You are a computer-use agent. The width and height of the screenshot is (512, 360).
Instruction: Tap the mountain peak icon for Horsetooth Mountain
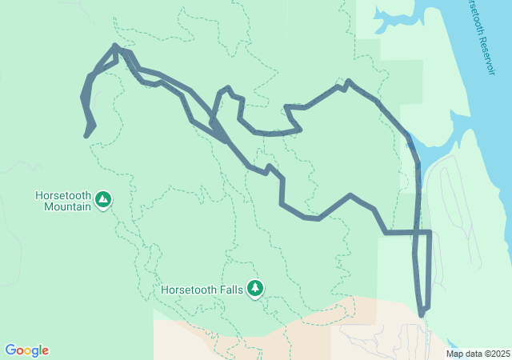tap(102, 199)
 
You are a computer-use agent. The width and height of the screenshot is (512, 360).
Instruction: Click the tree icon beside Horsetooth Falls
tap(255, 288)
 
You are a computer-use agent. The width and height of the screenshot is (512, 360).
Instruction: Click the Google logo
tap(26, 350)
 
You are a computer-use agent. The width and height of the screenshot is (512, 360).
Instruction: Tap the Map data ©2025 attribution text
tap(478, 354)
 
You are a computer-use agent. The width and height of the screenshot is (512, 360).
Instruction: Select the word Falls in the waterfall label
tap(230, 290)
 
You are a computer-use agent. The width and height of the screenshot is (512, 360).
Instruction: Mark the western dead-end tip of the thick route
tap(86, 136)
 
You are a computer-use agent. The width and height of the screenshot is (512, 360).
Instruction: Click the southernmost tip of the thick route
tap(422, 315)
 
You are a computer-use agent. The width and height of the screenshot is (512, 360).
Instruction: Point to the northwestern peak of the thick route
tap(116, 46)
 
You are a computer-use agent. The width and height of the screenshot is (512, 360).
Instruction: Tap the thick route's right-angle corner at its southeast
tap(430, 232)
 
